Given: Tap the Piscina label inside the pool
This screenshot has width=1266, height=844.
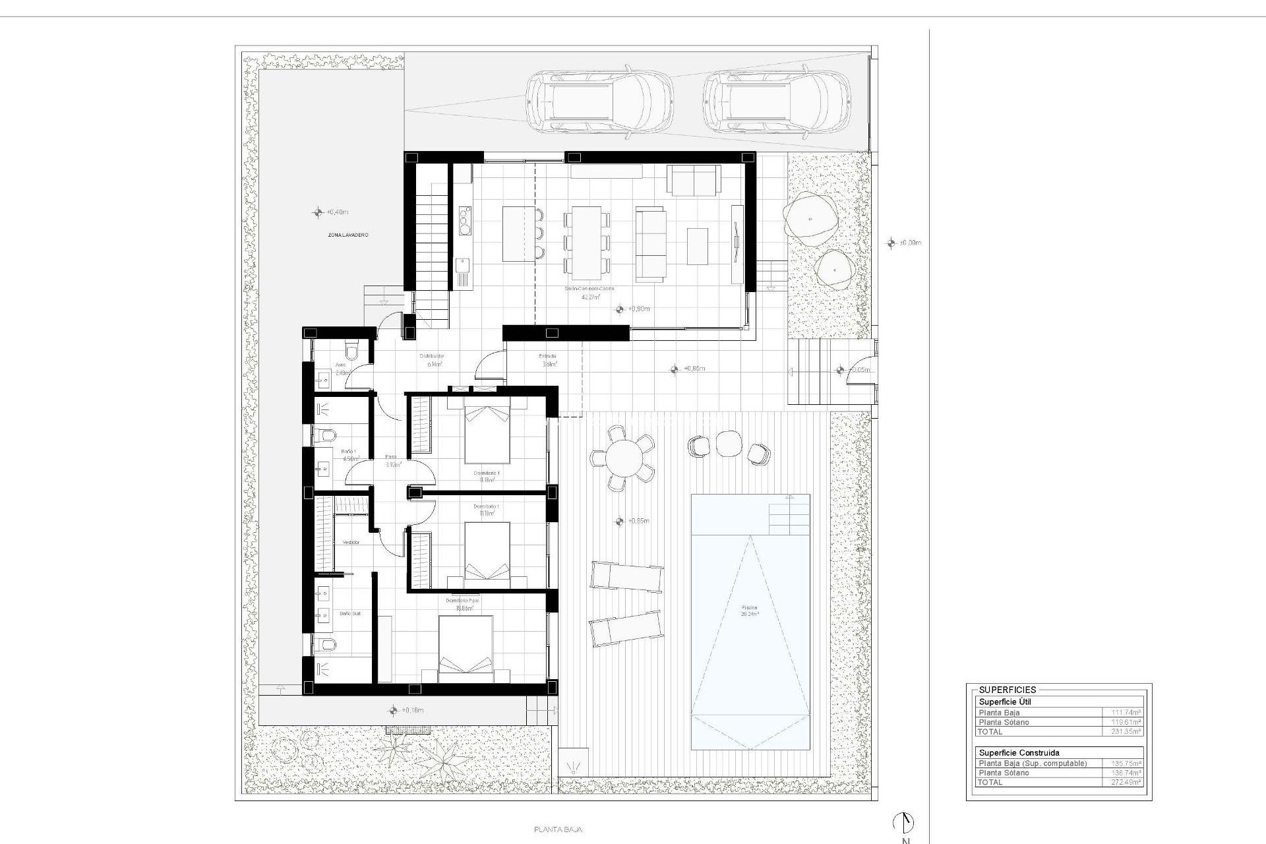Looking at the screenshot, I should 750,610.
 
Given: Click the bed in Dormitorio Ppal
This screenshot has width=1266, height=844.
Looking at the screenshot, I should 466,649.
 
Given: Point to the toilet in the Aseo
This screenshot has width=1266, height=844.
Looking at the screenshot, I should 351,350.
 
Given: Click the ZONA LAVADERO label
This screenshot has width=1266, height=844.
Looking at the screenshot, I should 347,235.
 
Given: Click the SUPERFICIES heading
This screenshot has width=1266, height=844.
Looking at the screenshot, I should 1007,690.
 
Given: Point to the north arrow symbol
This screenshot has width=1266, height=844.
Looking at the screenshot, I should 904,822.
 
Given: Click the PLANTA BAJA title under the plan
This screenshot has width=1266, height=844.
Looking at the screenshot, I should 558,830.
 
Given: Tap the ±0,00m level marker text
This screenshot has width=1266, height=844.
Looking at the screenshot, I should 910,243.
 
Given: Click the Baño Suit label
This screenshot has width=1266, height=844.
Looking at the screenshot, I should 349,613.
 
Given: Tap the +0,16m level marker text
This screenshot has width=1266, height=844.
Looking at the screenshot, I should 412,711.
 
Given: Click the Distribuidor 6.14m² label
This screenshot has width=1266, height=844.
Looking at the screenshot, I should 432,359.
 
